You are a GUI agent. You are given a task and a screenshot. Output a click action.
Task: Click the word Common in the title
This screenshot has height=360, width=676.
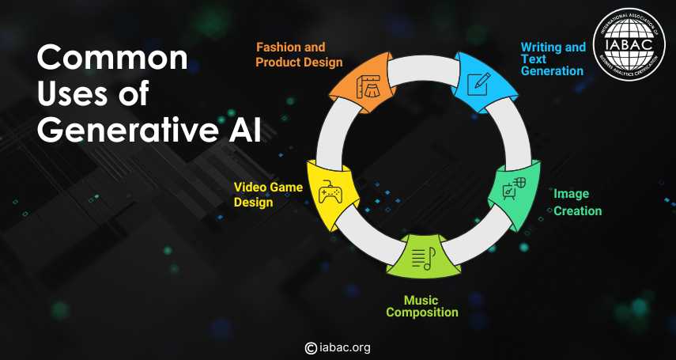pos(112,59)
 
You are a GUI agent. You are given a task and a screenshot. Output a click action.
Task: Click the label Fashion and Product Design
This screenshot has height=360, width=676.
pos(299,55)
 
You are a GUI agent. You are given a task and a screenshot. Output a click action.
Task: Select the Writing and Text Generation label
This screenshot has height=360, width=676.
pos(553,59)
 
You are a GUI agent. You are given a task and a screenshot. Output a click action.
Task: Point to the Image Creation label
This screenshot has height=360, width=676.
pos(578,203)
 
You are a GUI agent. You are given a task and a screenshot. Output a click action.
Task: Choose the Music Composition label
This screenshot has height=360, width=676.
pos(421,306)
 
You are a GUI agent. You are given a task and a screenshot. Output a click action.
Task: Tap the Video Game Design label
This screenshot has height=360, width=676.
pos(268,195)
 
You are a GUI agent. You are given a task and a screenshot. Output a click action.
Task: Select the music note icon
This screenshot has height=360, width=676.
pos(424,259)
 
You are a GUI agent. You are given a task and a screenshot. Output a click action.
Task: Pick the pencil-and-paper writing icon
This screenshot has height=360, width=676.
pos(482,81)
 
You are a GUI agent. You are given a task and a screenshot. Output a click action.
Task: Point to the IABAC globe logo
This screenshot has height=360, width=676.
pos(629,44)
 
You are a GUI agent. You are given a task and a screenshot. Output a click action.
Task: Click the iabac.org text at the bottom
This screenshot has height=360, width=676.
pos(345,348)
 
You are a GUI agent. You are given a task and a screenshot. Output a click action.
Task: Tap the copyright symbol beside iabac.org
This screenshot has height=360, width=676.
pos(311,348)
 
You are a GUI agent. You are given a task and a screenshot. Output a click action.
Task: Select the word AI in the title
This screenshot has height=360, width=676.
pos(245,131)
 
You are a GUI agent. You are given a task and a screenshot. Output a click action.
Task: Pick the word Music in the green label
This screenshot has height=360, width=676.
pos(421,301)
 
